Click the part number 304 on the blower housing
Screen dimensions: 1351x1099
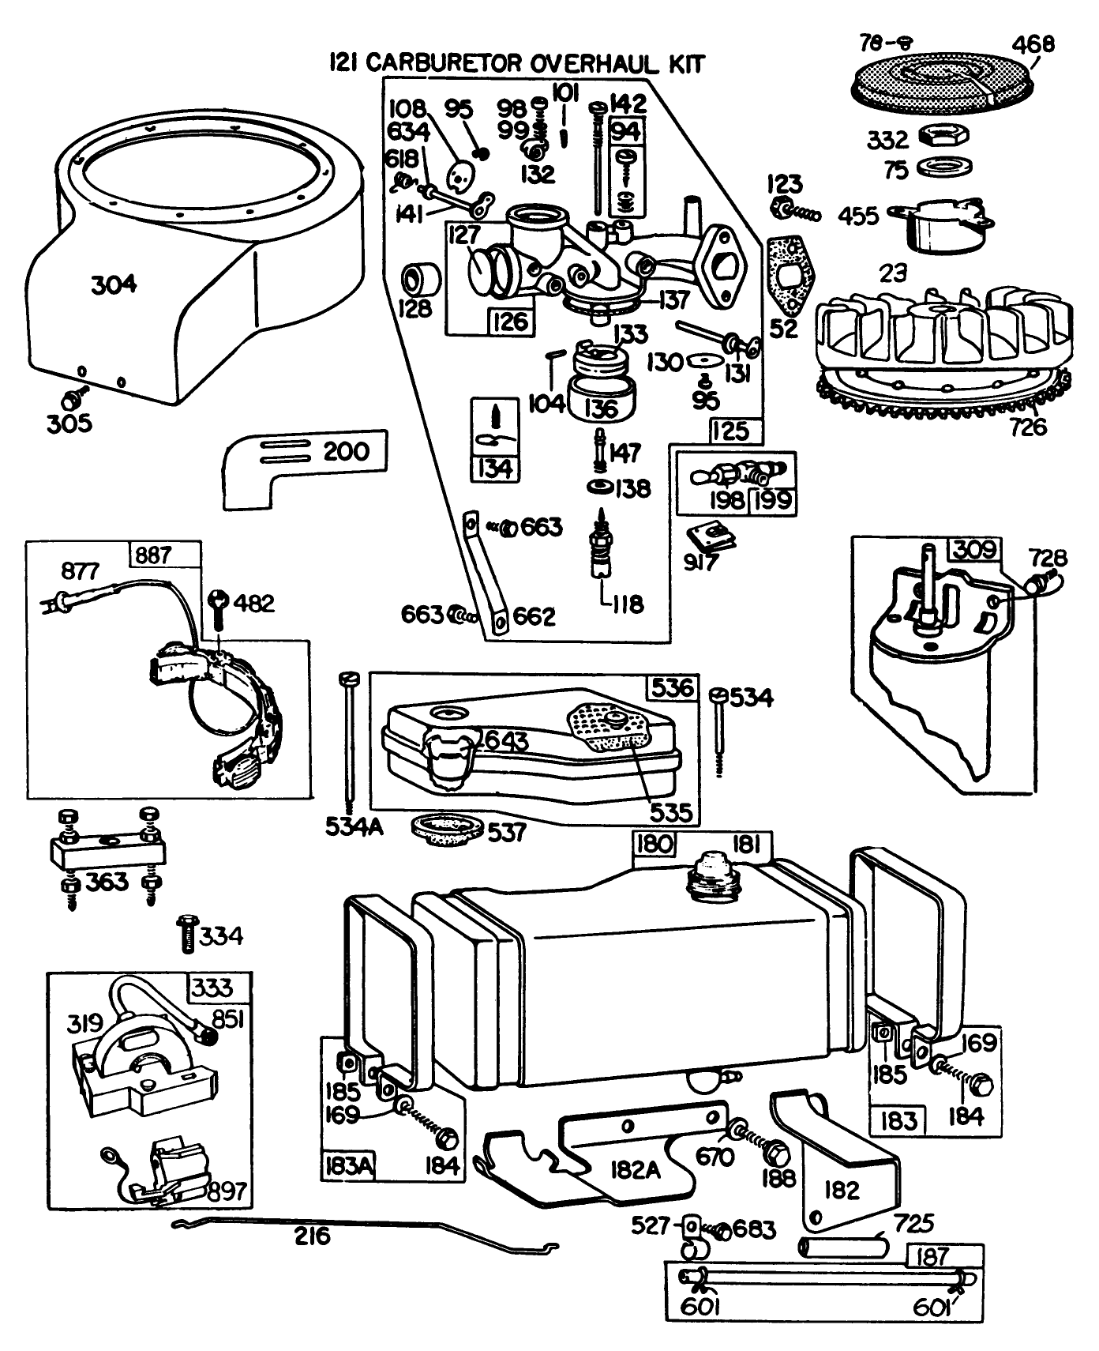click(114, 284)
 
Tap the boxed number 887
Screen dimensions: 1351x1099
click(153, 555)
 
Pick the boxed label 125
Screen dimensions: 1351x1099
click(730, 431)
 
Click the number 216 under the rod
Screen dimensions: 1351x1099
click(313, 1236)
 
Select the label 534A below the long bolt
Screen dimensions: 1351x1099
click(354, 826)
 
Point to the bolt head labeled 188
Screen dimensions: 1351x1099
click(776, 1154)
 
